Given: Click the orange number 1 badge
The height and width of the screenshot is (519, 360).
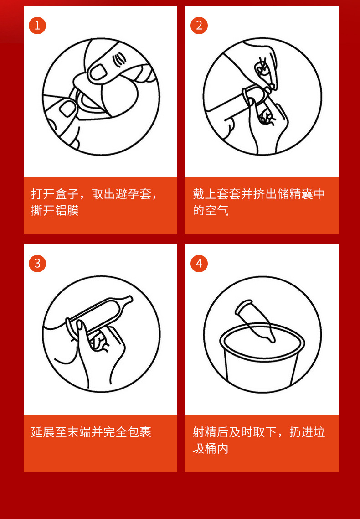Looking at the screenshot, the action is (x=37, y=26).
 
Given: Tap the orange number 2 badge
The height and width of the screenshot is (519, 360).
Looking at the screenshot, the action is (x=199, y=26).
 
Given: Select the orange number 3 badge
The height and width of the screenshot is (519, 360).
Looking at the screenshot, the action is (x=37, y=264).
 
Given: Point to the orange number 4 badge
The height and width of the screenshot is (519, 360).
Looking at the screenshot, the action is (x=199, y=264).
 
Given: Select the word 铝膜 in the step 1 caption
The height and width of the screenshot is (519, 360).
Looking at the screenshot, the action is (x=67, y=211).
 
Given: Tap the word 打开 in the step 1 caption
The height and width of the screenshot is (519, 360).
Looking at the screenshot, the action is (x=43, y=194).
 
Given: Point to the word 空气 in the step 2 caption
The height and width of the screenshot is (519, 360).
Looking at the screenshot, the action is (x=217, y=211).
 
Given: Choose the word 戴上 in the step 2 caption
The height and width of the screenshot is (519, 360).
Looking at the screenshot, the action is (x=205, y=194).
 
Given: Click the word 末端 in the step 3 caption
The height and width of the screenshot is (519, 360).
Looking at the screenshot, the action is (x=79, y=432).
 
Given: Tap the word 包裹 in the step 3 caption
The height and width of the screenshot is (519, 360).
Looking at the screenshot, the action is (x=139, y=432).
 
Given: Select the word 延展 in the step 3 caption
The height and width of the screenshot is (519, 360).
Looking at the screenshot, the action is (x=43, y=432).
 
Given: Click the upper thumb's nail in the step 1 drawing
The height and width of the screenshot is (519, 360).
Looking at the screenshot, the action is (x=98, y=72).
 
